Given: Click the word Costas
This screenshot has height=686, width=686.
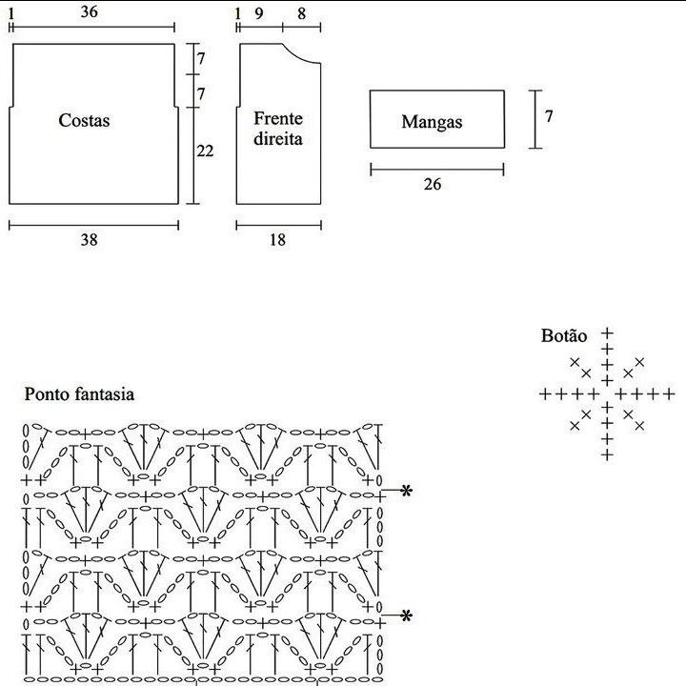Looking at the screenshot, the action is click(84, 120).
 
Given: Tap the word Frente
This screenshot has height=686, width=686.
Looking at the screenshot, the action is click(278, 118).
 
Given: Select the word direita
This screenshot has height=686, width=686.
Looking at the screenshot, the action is click(278, 139).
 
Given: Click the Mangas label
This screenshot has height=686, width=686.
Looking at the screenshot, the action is click(432, 122).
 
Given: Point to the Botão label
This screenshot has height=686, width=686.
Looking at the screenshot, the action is click(564, 335).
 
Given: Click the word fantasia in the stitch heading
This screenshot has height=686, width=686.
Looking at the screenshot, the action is click(104, 393).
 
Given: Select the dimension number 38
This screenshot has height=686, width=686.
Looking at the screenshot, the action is click(90, 240).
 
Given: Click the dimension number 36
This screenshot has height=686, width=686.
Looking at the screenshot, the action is click(90, 11).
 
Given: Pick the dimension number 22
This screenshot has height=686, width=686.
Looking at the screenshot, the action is click(205, 151).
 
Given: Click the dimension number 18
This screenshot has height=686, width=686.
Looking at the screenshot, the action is click(277, 240).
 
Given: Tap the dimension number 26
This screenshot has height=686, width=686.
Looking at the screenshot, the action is click(433, 184).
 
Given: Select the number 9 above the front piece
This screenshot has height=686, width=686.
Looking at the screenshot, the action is click(259, 14).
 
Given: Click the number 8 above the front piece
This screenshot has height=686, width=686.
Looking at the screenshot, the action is click(301, 14).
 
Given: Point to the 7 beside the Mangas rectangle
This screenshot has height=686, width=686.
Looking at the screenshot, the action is click(549, 116).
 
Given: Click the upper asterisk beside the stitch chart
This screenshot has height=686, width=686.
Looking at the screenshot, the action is click(407, 491).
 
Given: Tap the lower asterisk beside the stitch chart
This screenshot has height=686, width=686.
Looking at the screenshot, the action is click(407, 616).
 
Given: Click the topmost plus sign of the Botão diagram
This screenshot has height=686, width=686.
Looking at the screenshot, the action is click(607, 333).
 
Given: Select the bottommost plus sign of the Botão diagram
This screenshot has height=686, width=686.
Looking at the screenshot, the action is click(607, 455).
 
